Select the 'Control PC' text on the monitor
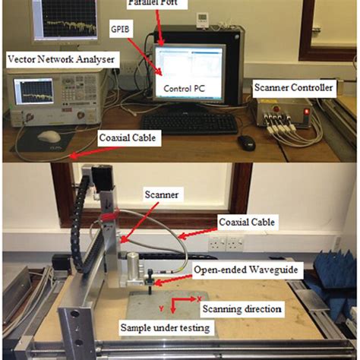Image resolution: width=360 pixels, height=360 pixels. (x=186, y=87)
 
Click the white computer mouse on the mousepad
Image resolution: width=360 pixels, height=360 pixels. (x=48, y=136)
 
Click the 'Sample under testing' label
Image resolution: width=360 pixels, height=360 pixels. (x=166, y=328)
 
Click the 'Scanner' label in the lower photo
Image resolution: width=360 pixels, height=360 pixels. (x=161, y=194)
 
